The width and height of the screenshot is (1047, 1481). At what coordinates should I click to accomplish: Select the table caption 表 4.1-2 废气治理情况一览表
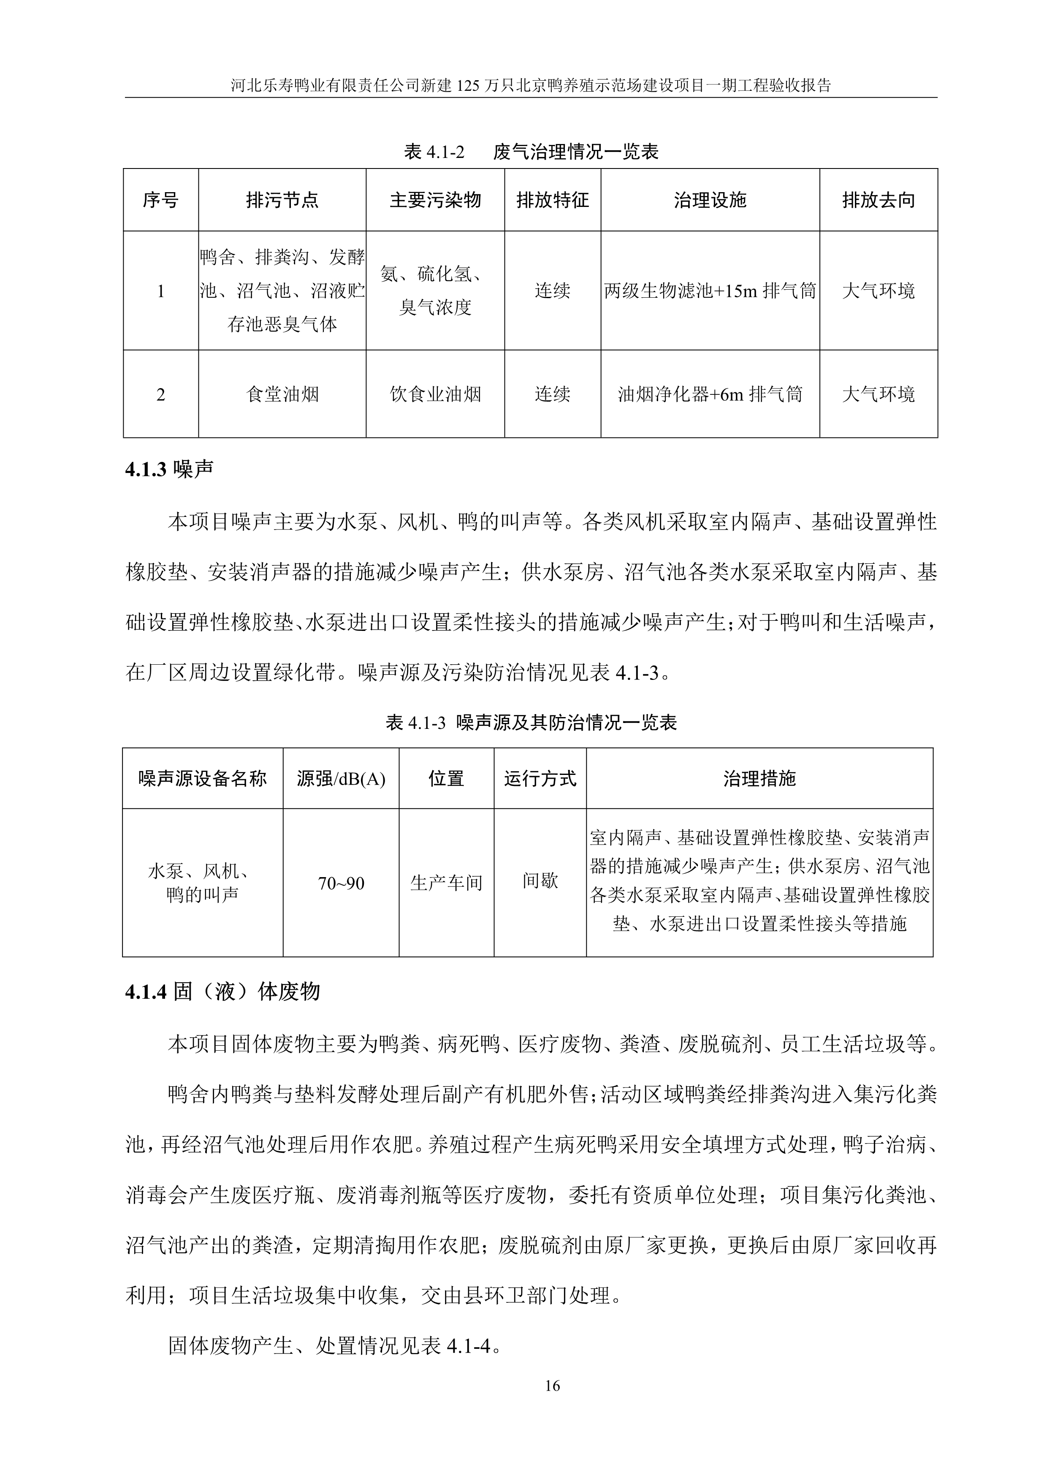[x=531, y=152]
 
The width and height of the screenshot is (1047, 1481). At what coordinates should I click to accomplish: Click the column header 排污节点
[x=282, y=200]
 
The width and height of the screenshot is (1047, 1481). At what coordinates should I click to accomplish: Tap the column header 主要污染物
[x=435, y=200]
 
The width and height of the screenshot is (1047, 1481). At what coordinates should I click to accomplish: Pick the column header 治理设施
[x=710, y=200]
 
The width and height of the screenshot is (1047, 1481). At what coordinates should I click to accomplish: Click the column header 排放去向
[x=878, y=200]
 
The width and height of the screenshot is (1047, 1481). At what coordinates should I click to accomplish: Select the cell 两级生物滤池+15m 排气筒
[x=710, y=291]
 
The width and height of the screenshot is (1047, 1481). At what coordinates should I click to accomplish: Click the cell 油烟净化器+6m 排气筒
[x=710, y=394]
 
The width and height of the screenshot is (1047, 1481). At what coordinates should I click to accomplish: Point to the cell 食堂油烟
[x=282, y=394]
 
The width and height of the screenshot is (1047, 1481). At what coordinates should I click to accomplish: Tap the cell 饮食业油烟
[x=435, y=394]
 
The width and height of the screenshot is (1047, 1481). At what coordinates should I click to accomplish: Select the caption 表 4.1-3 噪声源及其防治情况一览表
[x=531, y=723]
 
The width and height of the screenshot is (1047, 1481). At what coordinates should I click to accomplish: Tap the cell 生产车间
[x=446, y=883]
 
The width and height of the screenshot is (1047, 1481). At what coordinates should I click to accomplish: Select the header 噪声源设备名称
[x=203, y=779]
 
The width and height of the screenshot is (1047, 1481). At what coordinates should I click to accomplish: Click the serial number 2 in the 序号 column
[x=160, y=394]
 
